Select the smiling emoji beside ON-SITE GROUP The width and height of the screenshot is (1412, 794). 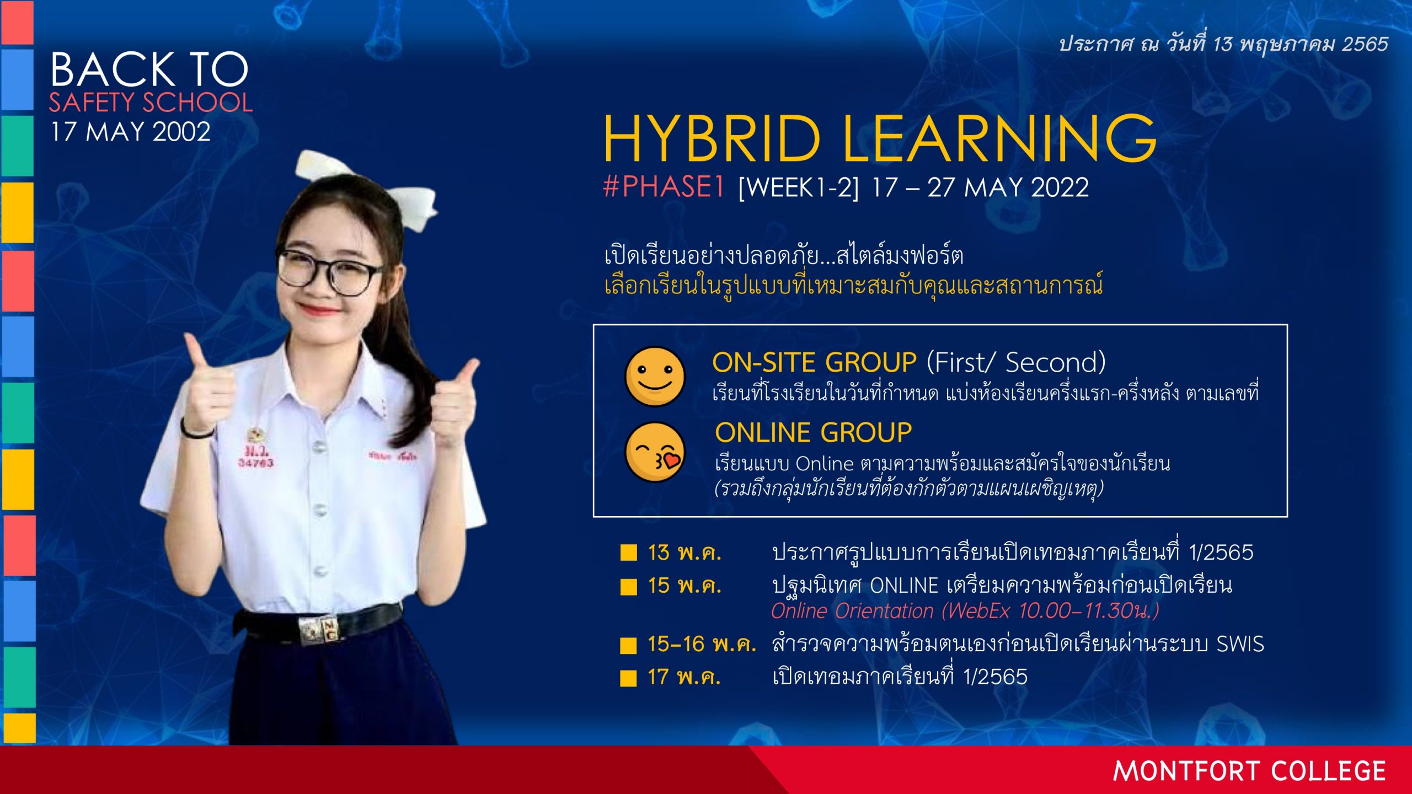[x=655, y=376]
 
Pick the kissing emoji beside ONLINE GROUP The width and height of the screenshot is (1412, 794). [x=655, y=452]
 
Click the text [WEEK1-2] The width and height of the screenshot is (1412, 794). [x=799, y=188]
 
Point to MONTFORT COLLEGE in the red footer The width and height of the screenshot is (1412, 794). [x=1249, y=771]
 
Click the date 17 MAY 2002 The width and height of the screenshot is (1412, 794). [x=131, y=132]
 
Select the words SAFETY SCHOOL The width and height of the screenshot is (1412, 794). [x=151, y=103]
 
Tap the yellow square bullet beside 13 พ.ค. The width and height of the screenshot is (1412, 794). [x=628, y=552]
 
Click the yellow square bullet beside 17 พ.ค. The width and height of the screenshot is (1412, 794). [x=628, y=678]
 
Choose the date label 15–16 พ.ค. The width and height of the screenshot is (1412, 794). [x=702, y=644]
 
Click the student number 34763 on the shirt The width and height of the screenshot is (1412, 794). [x=255, y=463]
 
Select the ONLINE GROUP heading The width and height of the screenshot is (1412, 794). [x=814, y=432]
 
